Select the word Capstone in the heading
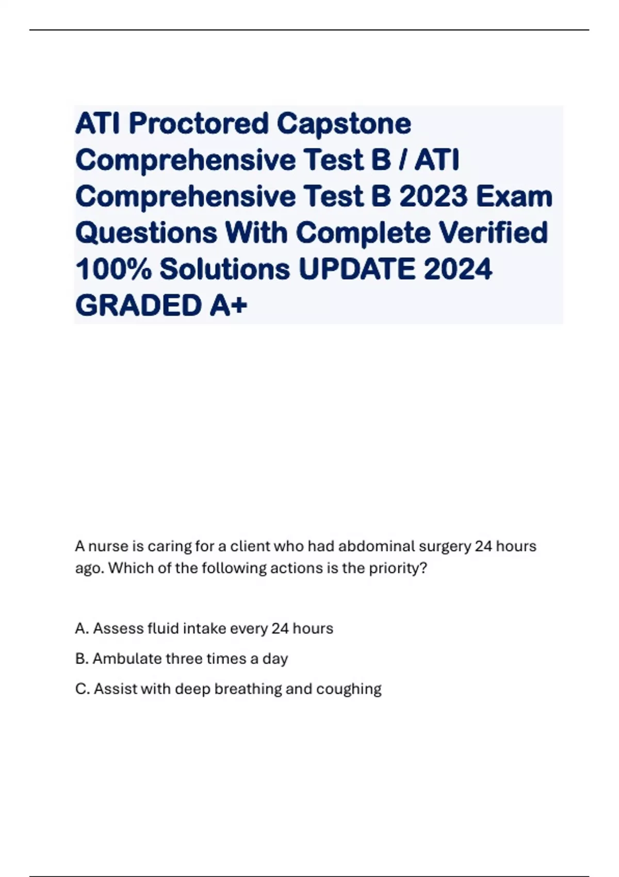click(344, 124)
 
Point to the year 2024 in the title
click(458, 269)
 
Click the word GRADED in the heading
click(138, 305)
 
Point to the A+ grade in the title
click(229, 305)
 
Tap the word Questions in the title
click(146, 233)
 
